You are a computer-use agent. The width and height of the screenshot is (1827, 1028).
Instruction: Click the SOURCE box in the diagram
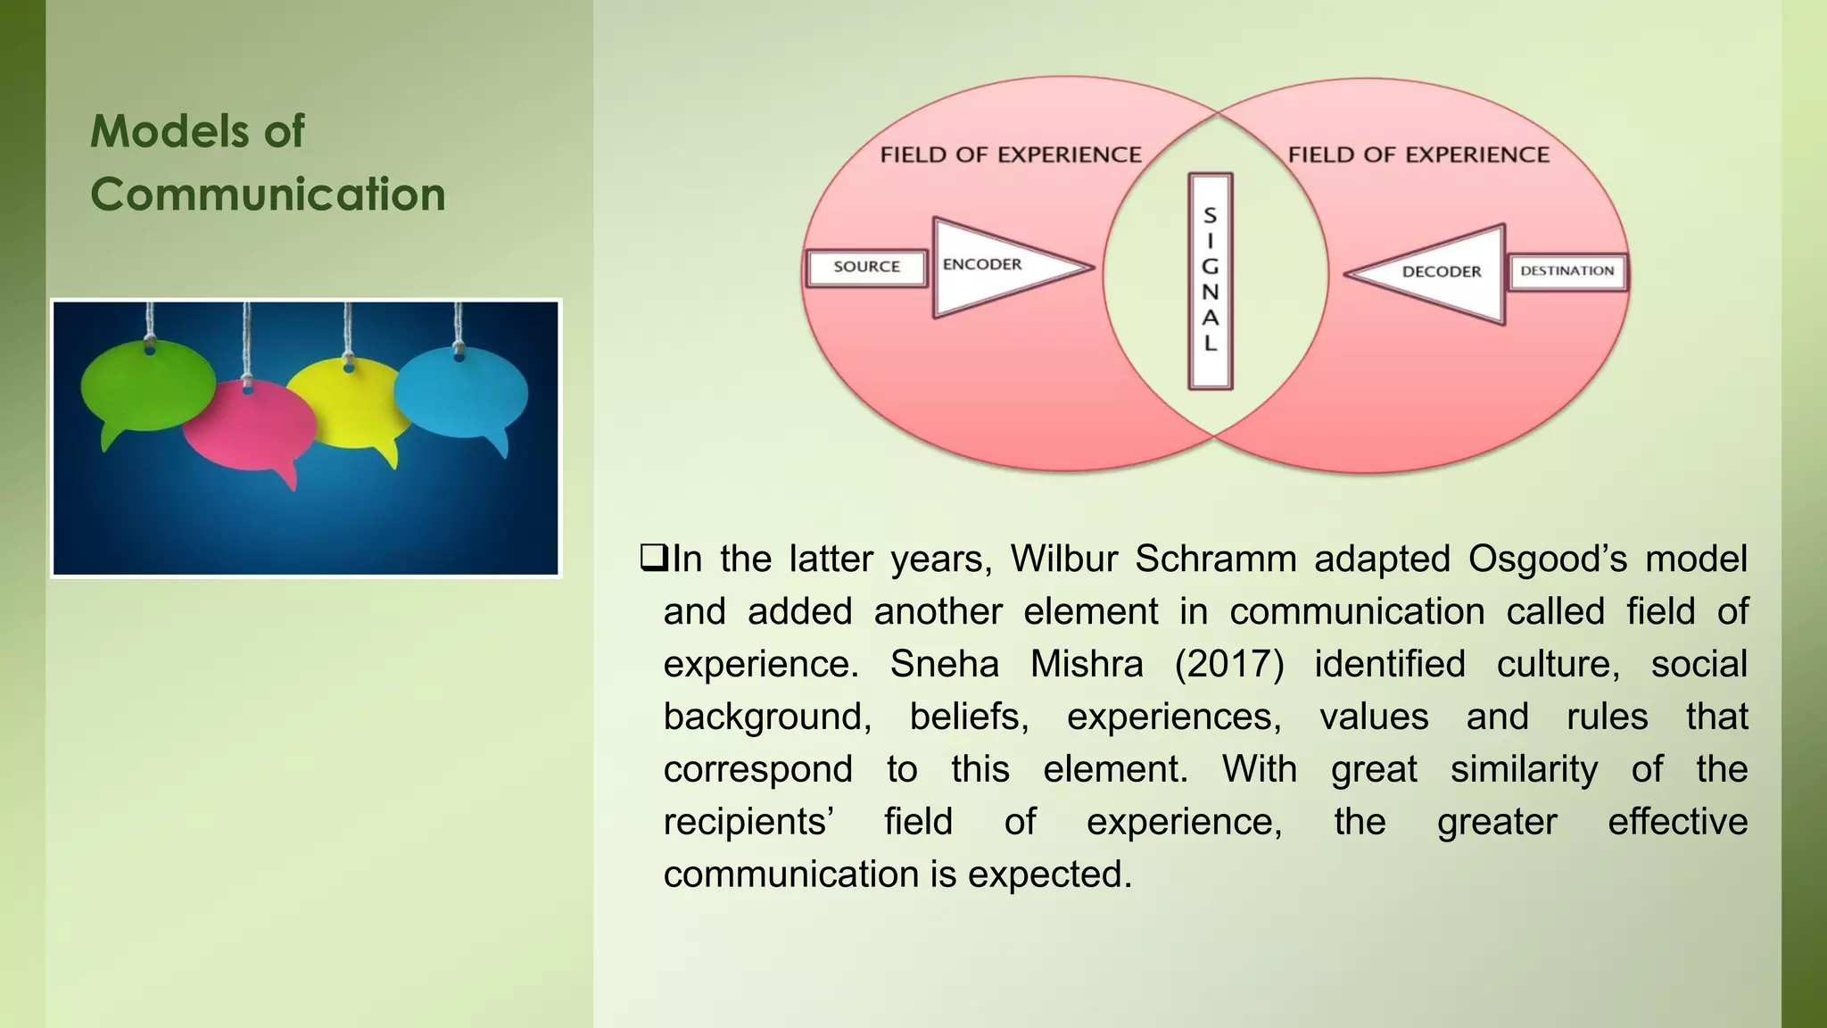coord(866,267)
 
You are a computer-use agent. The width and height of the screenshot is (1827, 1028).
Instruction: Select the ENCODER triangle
coord(990,266)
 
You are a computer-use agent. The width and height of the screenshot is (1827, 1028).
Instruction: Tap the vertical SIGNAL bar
coord(1211,280)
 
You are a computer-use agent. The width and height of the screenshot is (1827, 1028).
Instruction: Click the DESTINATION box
coord(1567,271)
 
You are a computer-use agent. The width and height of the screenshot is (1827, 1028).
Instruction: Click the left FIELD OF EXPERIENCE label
coord(1011,155)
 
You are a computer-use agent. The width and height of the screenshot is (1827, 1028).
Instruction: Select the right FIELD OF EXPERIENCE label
coord(1418,154)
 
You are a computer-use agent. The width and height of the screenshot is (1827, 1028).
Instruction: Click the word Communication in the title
coord(268,195)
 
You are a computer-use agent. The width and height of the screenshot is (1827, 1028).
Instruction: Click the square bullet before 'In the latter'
coord(653,559)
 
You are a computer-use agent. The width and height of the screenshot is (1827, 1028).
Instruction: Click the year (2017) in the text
coord(1228,664)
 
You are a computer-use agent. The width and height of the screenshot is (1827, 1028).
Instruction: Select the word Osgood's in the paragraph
coord(1548,559)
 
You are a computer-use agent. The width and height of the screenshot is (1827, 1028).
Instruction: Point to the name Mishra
coord(1086,664)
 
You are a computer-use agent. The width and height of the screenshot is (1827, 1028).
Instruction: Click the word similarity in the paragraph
coord(1524,769)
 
